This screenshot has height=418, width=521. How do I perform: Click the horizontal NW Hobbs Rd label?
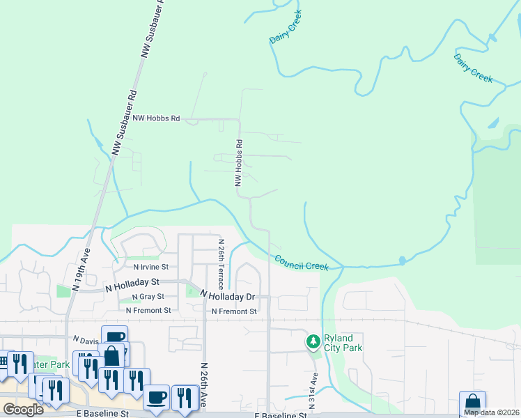(157, 118)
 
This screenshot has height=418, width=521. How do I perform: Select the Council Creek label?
(301, 263)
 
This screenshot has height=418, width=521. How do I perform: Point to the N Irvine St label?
(151, 267)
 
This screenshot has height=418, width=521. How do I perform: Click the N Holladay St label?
(132, 284)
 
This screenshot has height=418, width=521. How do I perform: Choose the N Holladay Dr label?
(228, 296)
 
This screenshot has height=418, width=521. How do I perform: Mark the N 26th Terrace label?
(221, 257)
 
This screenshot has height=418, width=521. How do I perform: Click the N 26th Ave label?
(205, 385)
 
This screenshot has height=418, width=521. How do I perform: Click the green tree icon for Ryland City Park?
(313, 341)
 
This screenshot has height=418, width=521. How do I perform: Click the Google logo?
(22, 410)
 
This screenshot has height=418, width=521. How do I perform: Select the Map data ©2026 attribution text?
(491, 412)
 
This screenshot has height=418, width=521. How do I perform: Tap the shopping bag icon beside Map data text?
(472, 403)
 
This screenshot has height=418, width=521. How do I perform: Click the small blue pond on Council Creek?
(402, 261)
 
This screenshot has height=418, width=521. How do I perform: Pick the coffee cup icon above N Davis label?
(114, 336)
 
